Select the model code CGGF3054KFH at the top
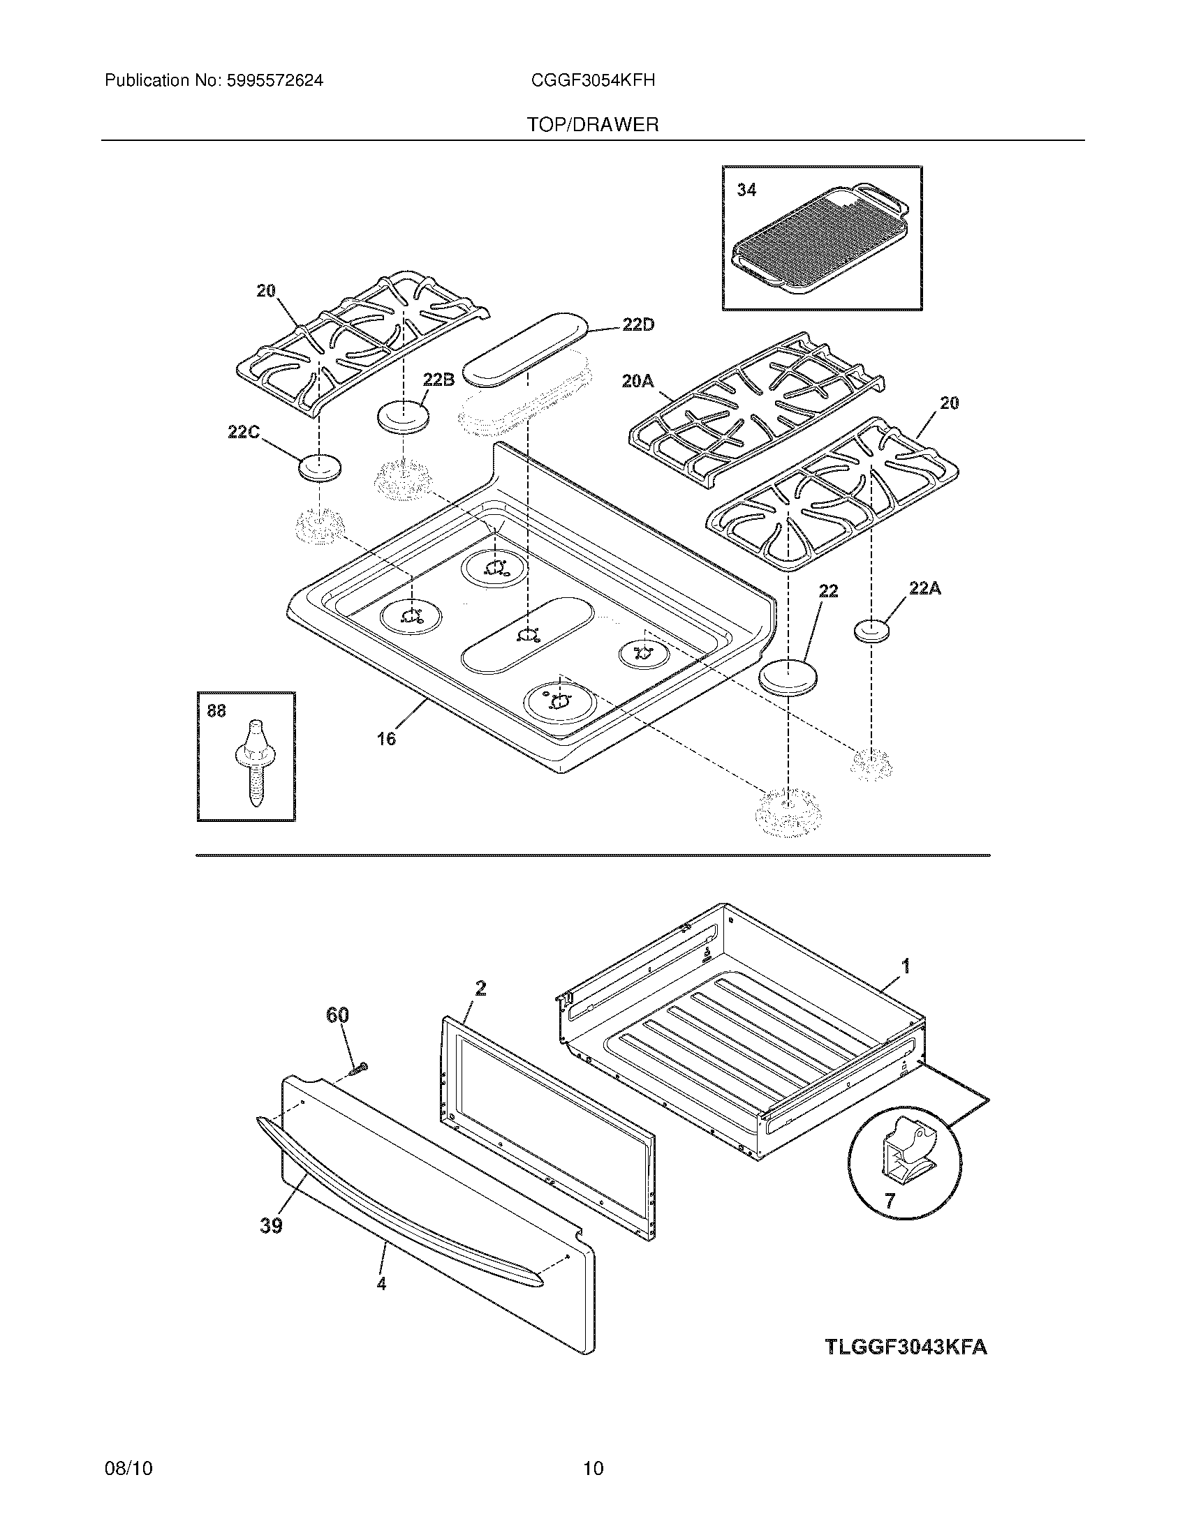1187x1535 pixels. [593, 81]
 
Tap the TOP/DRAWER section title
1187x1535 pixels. [593, 125]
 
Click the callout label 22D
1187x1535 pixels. [637, 324]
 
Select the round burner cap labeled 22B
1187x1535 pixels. [404, 416]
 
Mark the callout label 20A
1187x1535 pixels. [637, 381]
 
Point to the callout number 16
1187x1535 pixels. [386, 739]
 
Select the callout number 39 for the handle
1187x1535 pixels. [271, 1225]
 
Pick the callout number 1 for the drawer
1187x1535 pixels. [906, 967]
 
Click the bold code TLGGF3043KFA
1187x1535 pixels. [906, 1347]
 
